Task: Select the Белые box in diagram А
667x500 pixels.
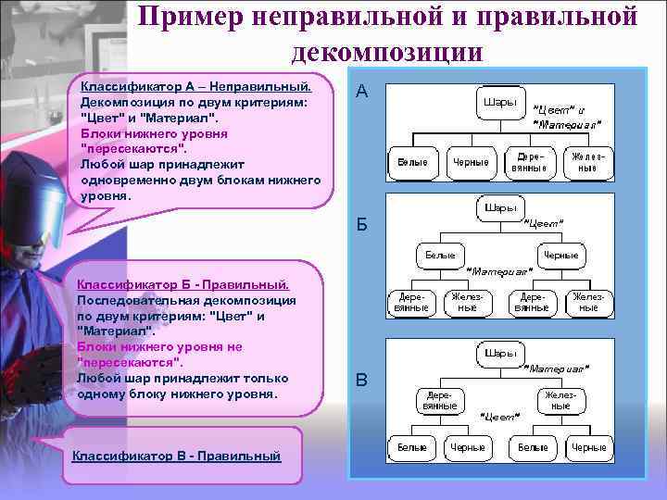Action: pyautogui.click(x=412, y=162)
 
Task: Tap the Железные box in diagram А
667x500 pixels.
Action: pyautogui.click(x=588, y=162)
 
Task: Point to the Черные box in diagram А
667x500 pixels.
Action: pyautogui.click(x=471, y=162)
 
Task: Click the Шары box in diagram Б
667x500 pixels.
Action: pyautogui.click(x=499, y=208)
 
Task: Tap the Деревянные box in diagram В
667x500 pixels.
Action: pyautogui.click(x=439, y=400)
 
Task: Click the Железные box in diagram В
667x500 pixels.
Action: pyautogui.click(x=560, y=400)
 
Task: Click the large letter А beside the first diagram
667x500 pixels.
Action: pyautogui.click(x=362, y=93)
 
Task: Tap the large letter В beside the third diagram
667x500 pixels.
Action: pyautogui.click(x=362, y=380)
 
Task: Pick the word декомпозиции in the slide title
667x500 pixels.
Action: pyautogui.click(x=386, y=51)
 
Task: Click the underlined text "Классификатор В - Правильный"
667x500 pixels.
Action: pyautogui.click(x=175, y=456)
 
